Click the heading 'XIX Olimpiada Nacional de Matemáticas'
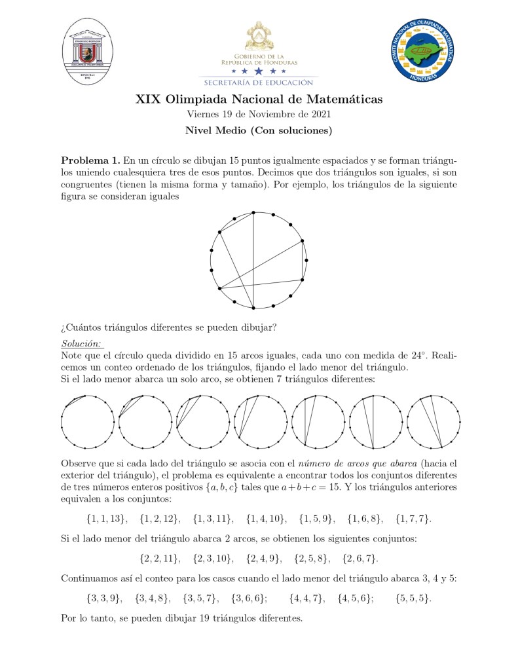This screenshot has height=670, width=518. pos(259,100)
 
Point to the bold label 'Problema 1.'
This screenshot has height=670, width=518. pos(90,161)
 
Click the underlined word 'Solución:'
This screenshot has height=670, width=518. pos(82,344)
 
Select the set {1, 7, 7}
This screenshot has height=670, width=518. pos(413,519)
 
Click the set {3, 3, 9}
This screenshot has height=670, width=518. pos(103,599)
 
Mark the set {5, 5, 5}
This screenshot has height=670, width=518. pos(414,599)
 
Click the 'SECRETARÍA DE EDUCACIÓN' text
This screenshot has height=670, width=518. pos(259,83)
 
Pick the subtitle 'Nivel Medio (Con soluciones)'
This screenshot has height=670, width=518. pos(259,130)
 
